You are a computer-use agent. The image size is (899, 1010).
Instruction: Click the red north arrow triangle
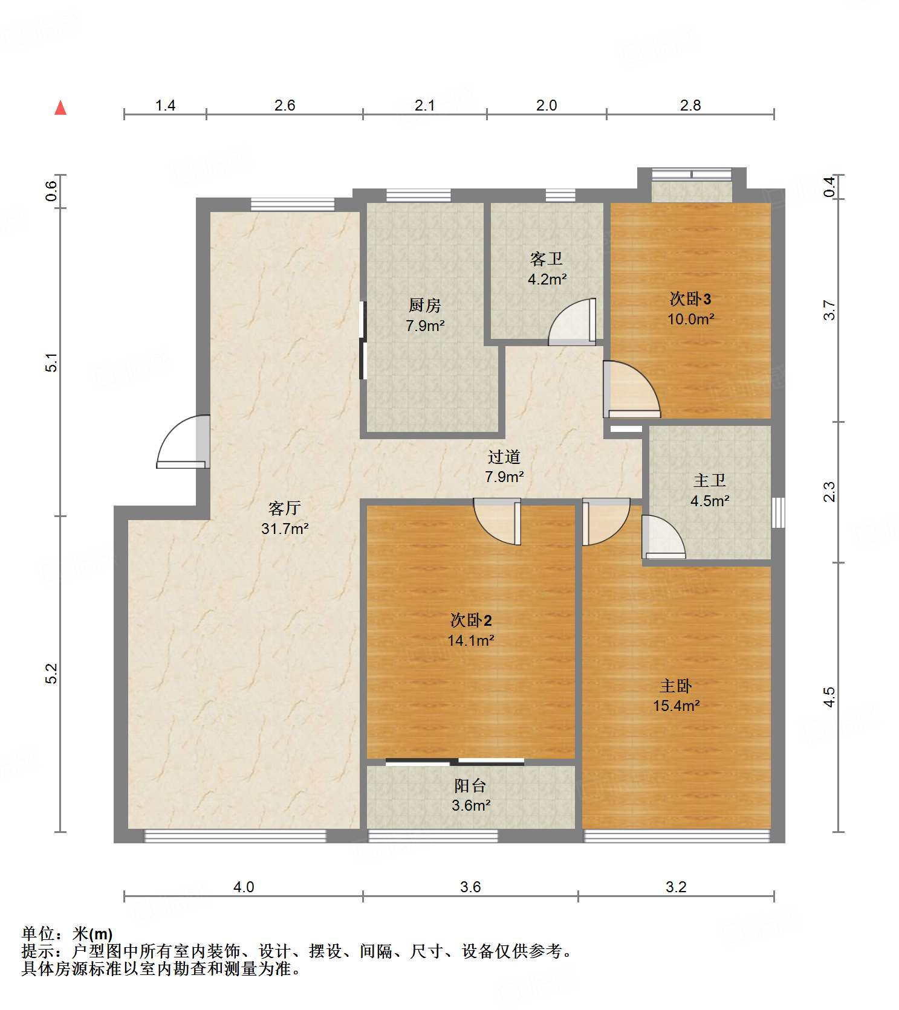point(60,108)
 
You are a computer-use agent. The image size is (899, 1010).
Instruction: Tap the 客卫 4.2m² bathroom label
point(547,269)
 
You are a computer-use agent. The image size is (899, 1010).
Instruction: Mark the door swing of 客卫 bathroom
point(572,322)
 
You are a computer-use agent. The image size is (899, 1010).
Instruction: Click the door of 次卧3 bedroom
point(632,389)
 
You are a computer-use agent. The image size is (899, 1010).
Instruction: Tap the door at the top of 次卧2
point(497,521)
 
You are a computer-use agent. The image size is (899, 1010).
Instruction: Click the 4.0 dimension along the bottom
point(244,887)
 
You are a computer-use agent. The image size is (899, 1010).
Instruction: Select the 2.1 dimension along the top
point(425,105)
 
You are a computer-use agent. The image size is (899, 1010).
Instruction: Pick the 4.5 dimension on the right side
point(829,696)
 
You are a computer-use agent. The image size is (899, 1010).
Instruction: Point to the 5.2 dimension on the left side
point(52,674)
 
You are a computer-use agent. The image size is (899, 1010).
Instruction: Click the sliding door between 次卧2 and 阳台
point(455,762)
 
